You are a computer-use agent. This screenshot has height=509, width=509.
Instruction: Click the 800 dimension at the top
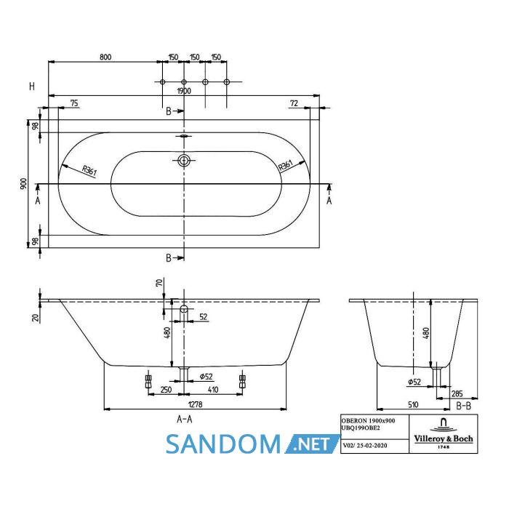tap(105, 57)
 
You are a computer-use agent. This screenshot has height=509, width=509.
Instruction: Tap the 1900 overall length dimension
tap(184, 91)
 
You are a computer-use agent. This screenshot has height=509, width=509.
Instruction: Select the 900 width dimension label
tap(24, 184)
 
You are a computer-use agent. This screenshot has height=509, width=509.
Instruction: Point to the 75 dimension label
tap(74, 103)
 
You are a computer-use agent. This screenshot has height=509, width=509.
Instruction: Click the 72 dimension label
tap(294, 103)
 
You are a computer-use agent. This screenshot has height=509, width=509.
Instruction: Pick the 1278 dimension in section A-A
tap(195, 404)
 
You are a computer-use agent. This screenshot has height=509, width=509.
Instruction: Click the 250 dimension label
tap(166, 390)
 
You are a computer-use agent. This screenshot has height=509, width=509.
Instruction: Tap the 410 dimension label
tap(213, 390)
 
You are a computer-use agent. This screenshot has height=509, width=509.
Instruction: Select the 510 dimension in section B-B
tap(413, 404)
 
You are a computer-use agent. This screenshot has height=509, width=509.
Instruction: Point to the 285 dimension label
tap(457, 394)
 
